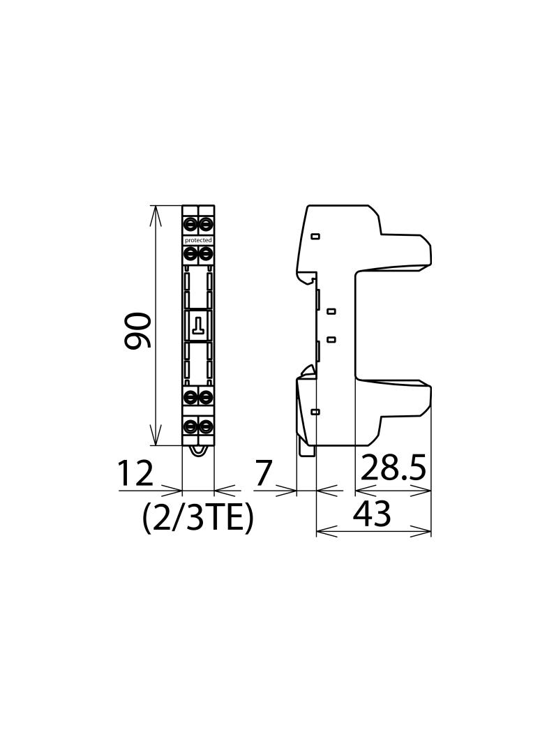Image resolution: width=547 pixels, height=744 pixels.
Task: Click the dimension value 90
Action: (137, 331)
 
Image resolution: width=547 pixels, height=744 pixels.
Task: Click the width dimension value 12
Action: (135, 473)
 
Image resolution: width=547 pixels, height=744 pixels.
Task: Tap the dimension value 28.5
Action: (394, 468)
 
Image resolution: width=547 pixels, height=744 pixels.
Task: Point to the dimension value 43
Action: (371, 513)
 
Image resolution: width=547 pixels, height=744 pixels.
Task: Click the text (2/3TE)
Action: (198, 518)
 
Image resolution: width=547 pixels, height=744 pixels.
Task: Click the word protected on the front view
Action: (198, 241)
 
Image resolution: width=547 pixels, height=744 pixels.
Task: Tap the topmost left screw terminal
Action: (191, 223)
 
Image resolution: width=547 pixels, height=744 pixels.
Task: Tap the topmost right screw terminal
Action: (206, 223)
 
